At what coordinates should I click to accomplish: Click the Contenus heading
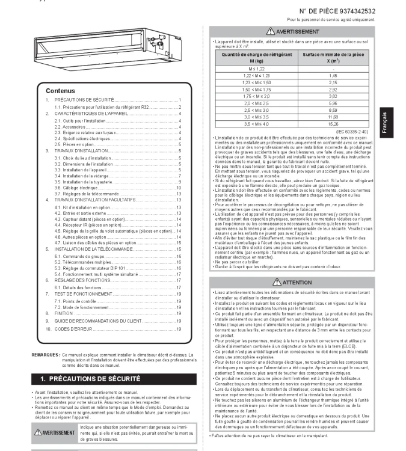(60, 91)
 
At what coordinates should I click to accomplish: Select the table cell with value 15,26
(333, 123)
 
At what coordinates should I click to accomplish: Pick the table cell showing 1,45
(333, 76)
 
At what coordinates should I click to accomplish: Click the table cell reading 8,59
(333, 110)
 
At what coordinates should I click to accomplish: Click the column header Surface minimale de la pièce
(333, 58)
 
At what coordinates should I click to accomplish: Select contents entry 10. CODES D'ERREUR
(84, 329)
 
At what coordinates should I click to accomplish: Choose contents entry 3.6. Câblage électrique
(78, 188)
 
